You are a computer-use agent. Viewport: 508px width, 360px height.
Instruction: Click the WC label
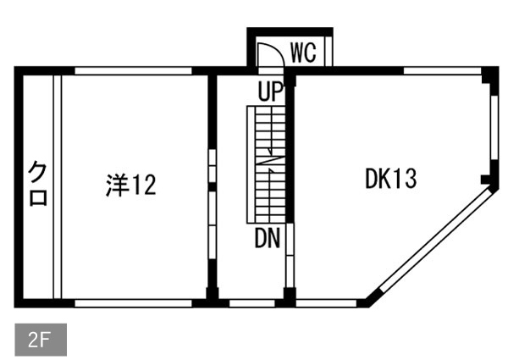(303, 53)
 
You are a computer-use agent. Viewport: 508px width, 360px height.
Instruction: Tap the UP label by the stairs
(271, 91)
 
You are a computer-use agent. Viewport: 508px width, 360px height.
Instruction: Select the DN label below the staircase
(268, 238)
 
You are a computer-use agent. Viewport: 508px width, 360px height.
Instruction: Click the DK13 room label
(390, 179)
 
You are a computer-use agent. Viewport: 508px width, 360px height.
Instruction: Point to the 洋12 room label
(131, 185)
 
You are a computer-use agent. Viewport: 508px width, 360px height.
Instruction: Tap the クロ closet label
(38, 184)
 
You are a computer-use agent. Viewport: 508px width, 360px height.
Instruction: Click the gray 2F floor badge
(41, 340)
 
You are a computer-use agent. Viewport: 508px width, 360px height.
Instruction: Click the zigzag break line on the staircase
(271, 160)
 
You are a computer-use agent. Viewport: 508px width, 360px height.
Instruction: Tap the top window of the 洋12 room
(133, 70)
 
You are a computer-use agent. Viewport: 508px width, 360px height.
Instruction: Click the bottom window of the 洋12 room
(133, 303)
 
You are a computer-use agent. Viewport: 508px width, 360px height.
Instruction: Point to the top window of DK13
(442, 70)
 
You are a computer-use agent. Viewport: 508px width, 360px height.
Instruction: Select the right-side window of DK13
(494, 128)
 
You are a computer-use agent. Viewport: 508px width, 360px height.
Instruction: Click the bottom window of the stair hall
(252, 303)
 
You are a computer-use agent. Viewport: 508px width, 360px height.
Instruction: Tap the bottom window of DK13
(326, 303)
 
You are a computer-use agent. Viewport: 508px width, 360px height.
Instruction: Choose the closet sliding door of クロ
(58, 187)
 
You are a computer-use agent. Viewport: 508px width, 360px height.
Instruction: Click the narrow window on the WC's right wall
(329, 51)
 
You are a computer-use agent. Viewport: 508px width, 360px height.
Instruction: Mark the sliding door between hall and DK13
(290, 255)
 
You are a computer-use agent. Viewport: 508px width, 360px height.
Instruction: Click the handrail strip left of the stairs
(251, 164)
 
